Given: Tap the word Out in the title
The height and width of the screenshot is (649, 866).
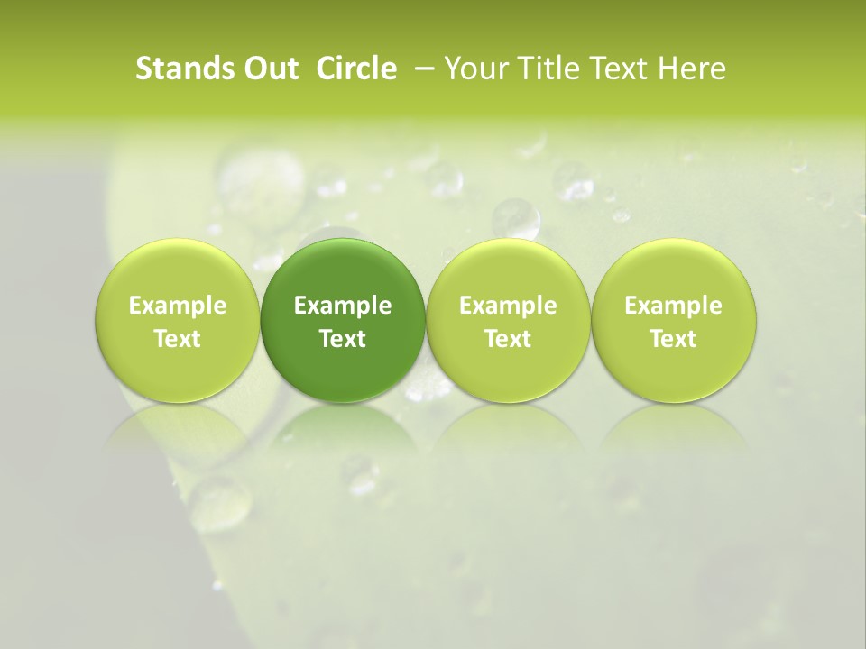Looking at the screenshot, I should [269, 69].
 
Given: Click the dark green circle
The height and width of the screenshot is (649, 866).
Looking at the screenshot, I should [343, 320].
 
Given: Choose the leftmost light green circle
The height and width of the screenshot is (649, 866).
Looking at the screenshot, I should [177, 320].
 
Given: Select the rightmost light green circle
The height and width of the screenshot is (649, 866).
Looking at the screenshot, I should [673, 320].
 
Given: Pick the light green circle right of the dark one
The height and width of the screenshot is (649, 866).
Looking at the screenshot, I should [508, 320].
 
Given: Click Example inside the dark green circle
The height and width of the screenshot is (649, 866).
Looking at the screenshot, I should [343, 306].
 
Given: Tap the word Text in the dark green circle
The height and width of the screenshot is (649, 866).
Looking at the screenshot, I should [343, 338].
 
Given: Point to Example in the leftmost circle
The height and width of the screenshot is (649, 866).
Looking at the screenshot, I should [177, 306].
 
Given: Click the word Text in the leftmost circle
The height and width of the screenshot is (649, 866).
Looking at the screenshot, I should [177, 338].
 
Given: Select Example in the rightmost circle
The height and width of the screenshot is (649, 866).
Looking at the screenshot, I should [673, 306].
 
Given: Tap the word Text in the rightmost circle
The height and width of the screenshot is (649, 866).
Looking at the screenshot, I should [673, 338].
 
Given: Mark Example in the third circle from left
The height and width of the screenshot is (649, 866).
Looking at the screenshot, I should [508, 306].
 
